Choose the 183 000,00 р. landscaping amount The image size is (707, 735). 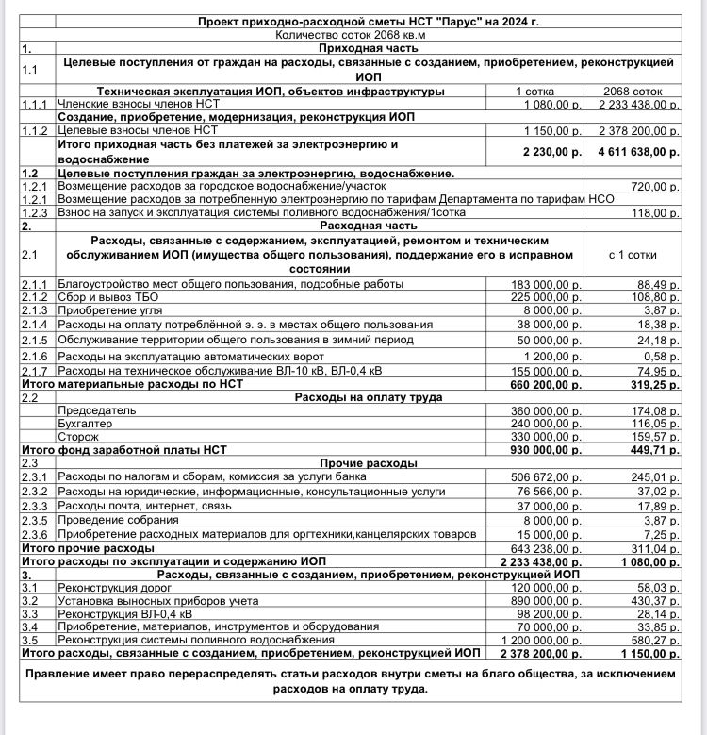547,284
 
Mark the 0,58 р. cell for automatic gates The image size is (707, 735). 659,356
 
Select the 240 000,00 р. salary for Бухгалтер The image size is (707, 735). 547,425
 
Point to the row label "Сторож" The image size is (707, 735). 80,438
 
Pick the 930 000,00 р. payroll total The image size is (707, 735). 546,451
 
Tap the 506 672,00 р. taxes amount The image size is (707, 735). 547,477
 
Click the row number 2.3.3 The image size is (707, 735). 36,506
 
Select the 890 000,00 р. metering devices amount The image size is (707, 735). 547,600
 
